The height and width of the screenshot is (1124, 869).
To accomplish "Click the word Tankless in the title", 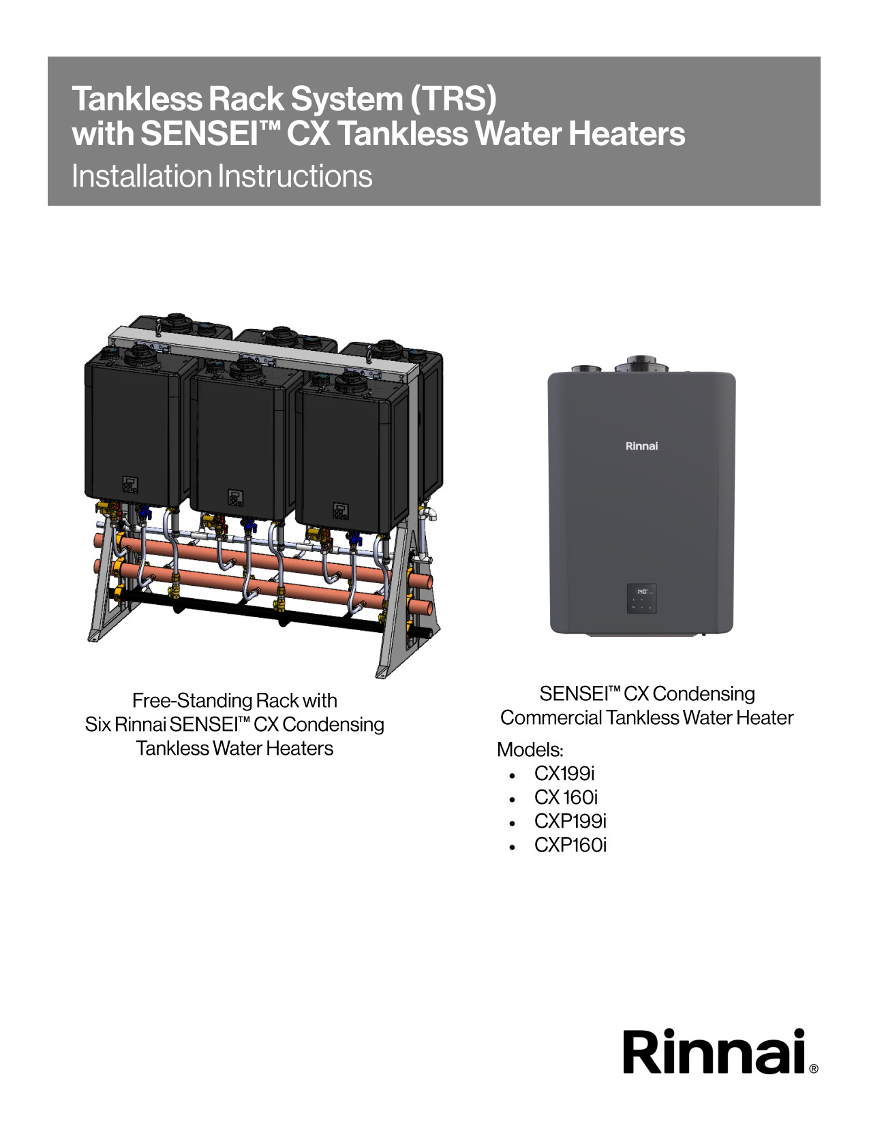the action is (x=137, y=99).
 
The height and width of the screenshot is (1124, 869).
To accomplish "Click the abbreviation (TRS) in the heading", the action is (x=453, y=99).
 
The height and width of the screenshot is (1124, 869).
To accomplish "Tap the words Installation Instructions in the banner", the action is (x=222, y=176).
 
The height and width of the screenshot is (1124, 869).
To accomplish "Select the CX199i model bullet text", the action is (x=564, y=773).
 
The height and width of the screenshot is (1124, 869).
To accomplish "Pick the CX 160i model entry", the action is (x=566, y=797).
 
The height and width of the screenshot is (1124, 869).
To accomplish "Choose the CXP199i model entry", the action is (x=570, y=821).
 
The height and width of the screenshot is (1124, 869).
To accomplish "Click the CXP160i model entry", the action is (x=570, y=845).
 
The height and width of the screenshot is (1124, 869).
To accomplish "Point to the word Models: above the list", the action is (x=530, y=749).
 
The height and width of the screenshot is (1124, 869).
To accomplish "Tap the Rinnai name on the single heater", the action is (x=641, y=446).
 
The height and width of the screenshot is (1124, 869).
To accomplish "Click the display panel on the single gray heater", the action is (x=642, y=599).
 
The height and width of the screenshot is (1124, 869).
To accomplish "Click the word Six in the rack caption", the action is (x=97, y=724).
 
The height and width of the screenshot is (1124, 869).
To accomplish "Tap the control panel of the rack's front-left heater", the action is (x=130, y=485).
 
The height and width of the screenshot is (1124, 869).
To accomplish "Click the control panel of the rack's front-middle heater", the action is (x=236, y=498).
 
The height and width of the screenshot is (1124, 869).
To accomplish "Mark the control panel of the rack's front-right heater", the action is (x=341, y=512).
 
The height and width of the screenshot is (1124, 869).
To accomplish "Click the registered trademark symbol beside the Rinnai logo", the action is (x=814, y=1069).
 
